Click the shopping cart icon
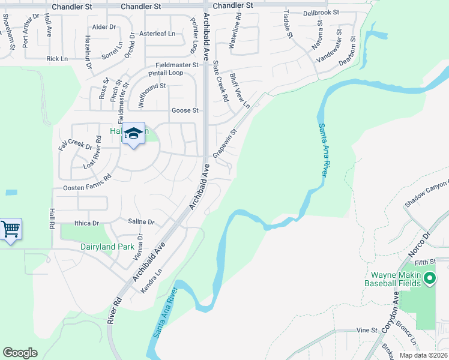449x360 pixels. click(11, 229)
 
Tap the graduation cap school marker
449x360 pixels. click(134, 133)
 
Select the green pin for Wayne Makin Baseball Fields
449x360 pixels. click(429, 278)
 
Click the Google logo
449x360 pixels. click(20, 353)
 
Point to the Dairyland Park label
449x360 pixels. click(108, 247)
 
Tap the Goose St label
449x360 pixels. click(185, 110)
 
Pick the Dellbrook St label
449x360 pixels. click(321, 13)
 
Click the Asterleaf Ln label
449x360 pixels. click(157, 34)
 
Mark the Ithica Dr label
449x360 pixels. click(86, 223)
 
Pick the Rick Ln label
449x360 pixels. click(57, 59)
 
